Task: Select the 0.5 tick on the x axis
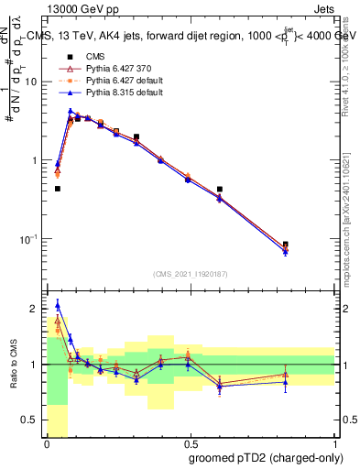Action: [190, 444]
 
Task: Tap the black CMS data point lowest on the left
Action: [58, 189]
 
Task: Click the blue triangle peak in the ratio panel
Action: [58, 305]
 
